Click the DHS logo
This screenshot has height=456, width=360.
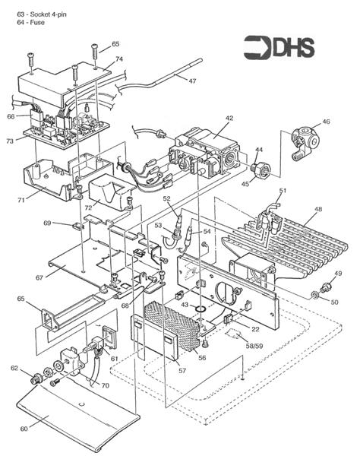tap(279, 47)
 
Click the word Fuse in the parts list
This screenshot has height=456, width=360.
tap(37, 22)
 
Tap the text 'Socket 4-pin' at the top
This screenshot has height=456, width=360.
tap(49, 14)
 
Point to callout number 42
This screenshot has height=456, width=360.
tap(229, 118)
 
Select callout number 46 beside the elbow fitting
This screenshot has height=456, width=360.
tap(326, 122)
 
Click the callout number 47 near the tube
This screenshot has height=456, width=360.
tap(192, 81)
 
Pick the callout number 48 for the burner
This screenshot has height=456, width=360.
tap(318, 209)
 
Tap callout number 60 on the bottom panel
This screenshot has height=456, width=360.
tap(24, 429)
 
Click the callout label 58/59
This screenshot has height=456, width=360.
tap(254, 346)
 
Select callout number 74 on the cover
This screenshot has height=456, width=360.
tap(119, 59)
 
